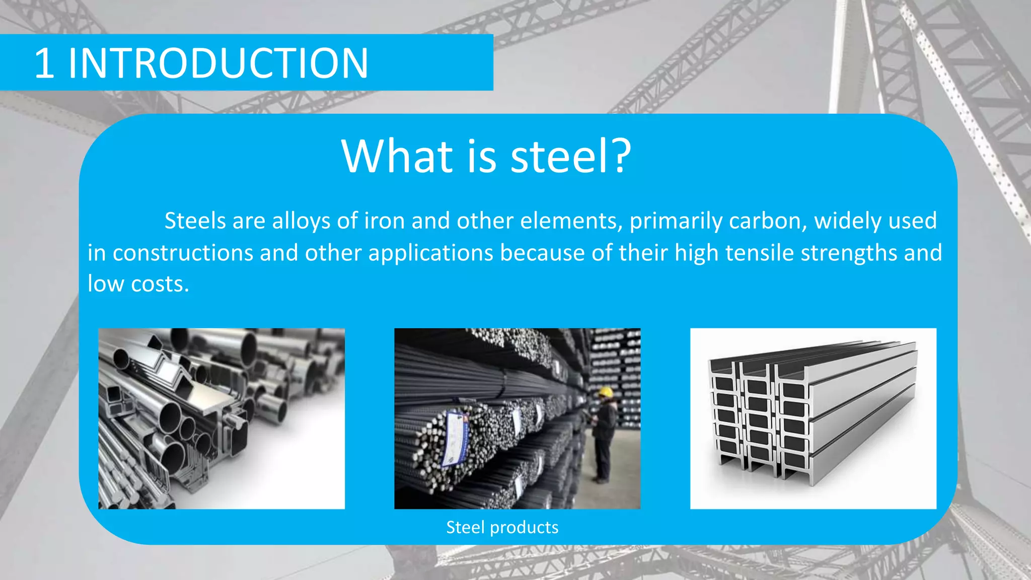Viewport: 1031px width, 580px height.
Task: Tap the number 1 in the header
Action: point(44,63)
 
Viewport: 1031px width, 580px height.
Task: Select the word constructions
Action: point(182,253)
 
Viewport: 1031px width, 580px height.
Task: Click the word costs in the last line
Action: point(160,284)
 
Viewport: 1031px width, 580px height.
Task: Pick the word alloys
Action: point(301,221)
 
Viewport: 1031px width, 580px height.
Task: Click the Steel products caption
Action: point(502,527)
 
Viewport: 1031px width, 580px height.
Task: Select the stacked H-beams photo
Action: point(813,418)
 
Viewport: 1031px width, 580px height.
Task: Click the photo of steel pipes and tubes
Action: point(221,418)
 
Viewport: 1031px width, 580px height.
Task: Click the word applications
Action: point(430,253)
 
